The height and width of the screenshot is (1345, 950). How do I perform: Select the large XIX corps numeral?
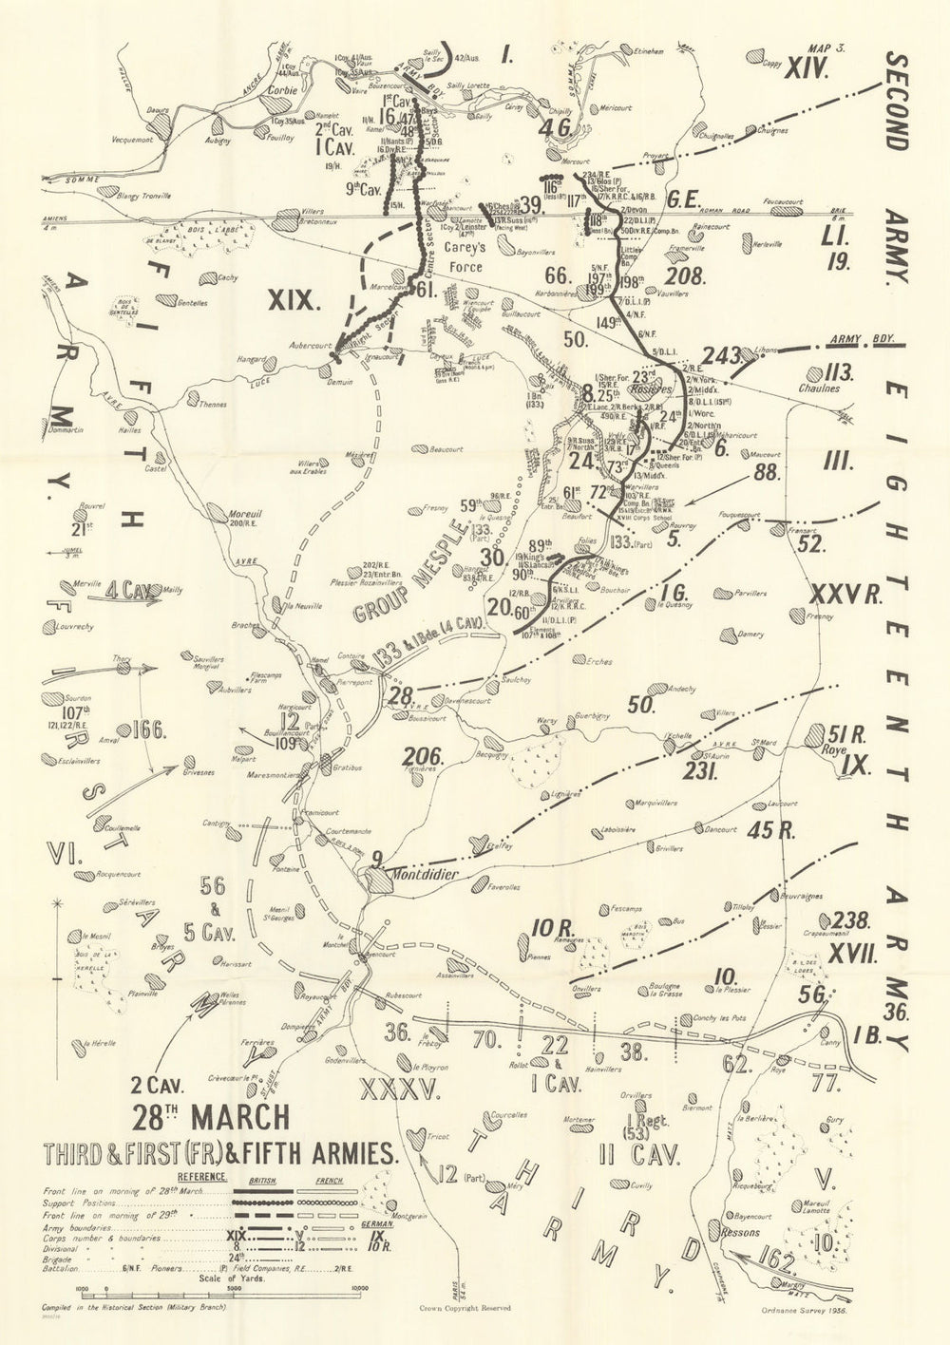(291, 301)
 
